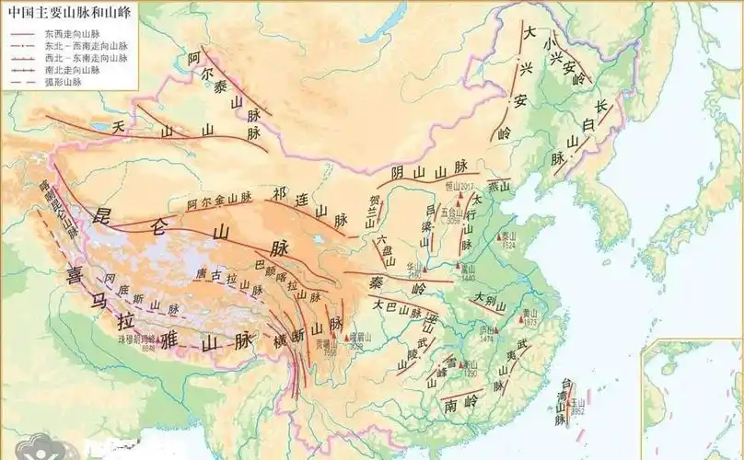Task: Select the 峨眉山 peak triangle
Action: [347, 339]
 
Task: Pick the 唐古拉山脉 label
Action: [227, 278]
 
